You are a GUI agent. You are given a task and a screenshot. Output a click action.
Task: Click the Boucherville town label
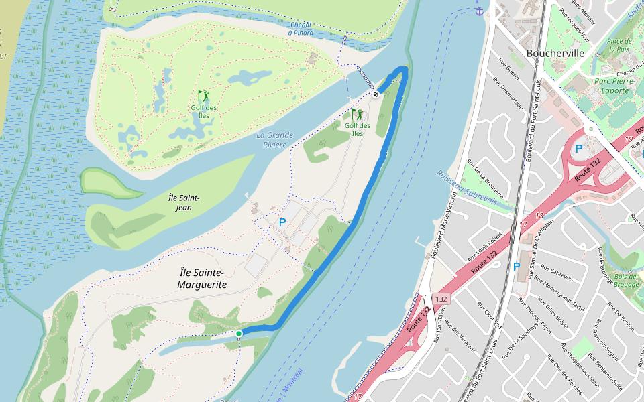(x=555, y=53)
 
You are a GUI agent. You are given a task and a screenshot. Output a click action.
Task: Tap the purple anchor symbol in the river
(x=479, y=11)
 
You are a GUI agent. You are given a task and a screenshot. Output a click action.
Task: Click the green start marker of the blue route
(x=239, y=333)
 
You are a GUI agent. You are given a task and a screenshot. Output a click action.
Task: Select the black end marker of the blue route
(x=376, y=94)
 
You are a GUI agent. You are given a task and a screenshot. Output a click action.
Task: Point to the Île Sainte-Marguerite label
(x=203, y=278)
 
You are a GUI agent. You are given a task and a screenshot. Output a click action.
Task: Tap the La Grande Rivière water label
(x=275, y=139)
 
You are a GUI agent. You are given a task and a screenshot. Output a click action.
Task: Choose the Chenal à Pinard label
(x=301, y=28)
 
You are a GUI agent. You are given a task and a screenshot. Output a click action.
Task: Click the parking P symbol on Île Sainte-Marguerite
(x=282, y=222)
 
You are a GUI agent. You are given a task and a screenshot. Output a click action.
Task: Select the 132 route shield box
(x=441, y=298)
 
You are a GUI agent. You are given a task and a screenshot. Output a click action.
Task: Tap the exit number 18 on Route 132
(x=539, y=216)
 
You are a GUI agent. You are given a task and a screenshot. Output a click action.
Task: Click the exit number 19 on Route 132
(x=629, y=139)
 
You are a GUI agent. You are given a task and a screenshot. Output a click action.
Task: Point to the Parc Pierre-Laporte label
(x=612, y=86)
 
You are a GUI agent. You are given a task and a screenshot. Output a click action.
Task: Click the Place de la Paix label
(x=619, y=44)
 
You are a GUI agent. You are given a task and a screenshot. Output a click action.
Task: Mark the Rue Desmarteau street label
(x=508, y=95)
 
